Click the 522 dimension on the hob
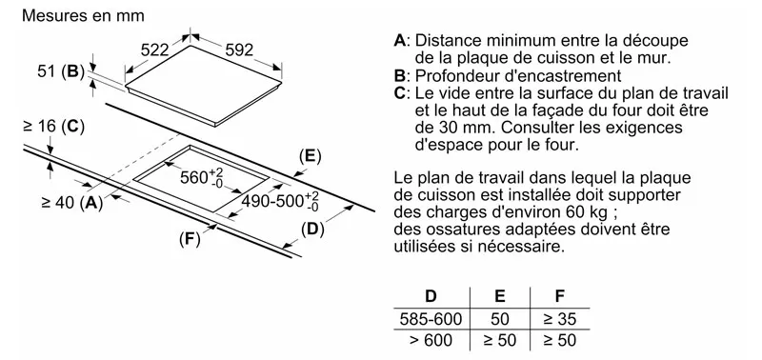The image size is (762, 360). click(154, 50)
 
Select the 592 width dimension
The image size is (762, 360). click(239, 50)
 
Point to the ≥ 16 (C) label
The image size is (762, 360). click(53, 128)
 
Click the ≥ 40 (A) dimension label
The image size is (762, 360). click(72, 203)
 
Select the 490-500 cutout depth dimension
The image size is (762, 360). click(280, 201)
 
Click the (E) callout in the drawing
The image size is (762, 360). click(311, 156)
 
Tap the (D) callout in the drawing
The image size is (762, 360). click(312, 230)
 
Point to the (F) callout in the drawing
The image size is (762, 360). click(190, 239)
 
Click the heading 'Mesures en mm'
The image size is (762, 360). click(83, 15)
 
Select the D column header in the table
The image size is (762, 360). click(431, 296)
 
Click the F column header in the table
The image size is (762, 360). click(560, 296)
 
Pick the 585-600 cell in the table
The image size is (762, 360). click(431, 319)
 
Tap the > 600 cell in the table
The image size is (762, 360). click(431, 340)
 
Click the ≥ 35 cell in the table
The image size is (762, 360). click(560, 319)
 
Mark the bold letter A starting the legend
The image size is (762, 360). click(399, 40)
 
